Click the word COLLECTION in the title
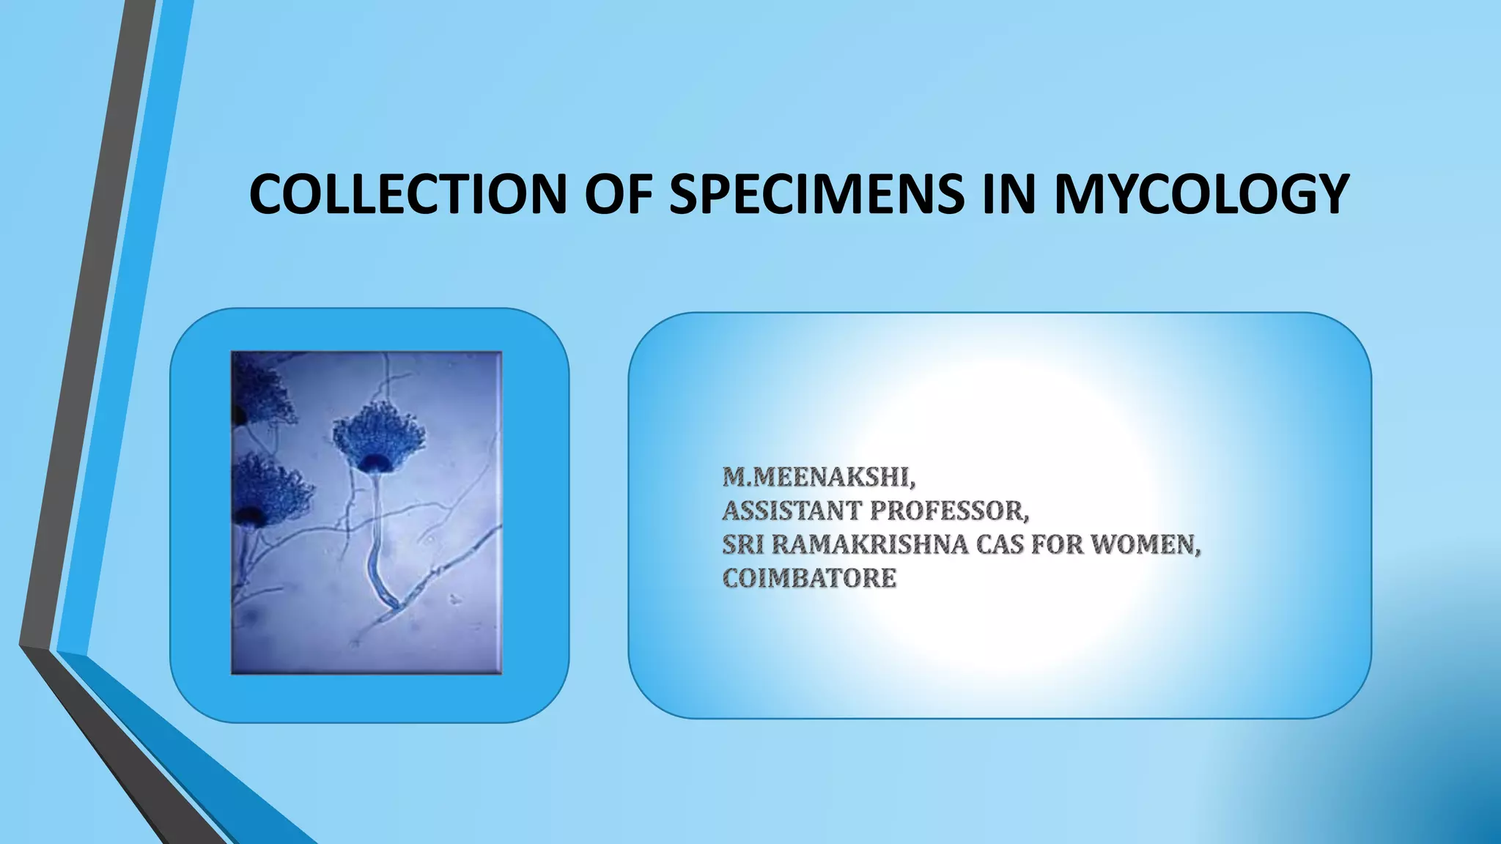407,194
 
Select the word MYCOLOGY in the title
1201,194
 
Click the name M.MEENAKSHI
819,477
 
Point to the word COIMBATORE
809,578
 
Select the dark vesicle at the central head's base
378,463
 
